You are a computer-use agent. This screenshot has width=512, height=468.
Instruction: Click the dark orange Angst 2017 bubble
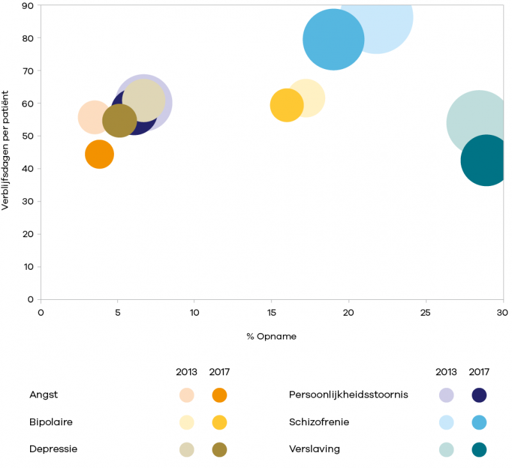[x=99, y=154]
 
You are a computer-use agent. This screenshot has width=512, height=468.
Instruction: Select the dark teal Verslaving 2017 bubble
[x=486, y=160]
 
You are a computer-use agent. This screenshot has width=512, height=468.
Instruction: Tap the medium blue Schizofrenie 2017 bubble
[x=333, y=39]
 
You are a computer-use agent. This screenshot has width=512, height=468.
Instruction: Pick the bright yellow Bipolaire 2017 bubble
[x=286, y=105]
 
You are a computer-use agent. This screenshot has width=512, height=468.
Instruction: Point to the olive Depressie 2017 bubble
[x=119, y=121]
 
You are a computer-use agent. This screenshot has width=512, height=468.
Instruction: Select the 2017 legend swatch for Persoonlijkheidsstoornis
[x=479, y=395]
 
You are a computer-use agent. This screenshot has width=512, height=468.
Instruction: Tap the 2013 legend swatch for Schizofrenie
[x=446, y=422]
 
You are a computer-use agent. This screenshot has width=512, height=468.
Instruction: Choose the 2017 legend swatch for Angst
[x=220, y=395]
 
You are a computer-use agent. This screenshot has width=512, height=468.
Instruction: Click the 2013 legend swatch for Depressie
[x=187, y=449]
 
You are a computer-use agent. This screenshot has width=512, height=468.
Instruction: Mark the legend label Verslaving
[x=314, y=449]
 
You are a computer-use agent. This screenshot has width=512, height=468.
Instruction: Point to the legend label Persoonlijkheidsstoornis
[x=348, y=395]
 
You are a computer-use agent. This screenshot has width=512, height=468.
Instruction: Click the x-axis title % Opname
[x=271, y=336]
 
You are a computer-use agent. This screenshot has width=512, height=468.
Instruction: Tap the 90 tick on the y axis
[x=29, y=6]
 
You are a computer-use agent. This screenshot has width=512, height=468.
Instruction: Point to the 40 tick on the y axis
[x=29, y=169]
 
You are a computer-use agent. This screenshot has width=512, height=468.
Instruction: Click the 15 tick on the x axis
[x=271, y=313]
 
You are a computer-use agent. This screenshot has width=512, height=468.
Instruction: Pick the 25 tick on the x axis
[x=425, y=313]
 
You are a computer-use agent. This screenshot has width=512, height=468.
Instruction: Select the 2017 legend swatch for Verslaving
[x=479, y=449]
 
